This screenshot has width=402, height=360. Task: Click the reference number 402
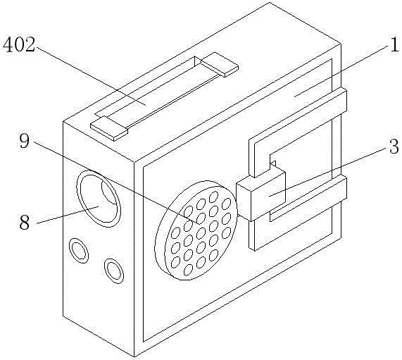point(19,44)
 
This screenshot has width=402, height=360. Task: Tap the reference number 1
point(394,44)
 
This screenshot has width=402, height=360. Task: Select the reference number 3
point(394,147)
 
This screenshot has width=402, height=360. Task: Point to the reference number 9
point(25,141)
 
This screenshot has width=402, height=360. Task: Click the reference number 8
point(25,222)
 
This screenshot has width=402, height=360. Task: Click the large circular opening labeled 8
point(99,199)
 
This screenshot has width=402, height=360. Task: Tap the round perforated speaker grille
point(196,230)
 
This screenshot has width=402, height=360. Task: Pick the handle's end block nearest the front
point(109,128)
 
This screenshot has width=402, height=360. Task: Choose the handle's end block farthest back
point(220,65)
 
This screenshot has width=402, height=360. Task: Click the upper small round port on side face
point(79,251)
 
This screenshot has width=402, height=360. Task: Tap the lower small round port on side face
point(114,271)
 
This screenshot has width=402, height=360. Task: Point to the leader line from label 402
point(91,75)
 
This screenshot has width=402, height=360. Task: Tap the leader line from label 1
point(341,71)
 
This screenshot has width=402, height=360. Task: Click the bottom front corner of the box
point(134,356)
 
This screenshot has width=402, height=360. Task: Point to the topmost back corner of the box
point(269,3)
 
